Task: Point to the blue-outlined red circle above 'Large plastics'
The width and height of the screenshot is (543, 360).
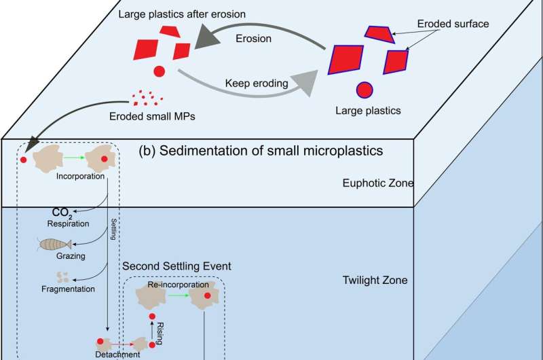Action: coord(364,90)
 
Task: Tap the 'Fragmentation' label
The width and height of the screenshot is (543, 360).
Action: coord(67,289)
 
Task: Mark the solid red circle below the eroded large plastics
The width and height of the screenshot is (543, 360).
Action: coord(158,71)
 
